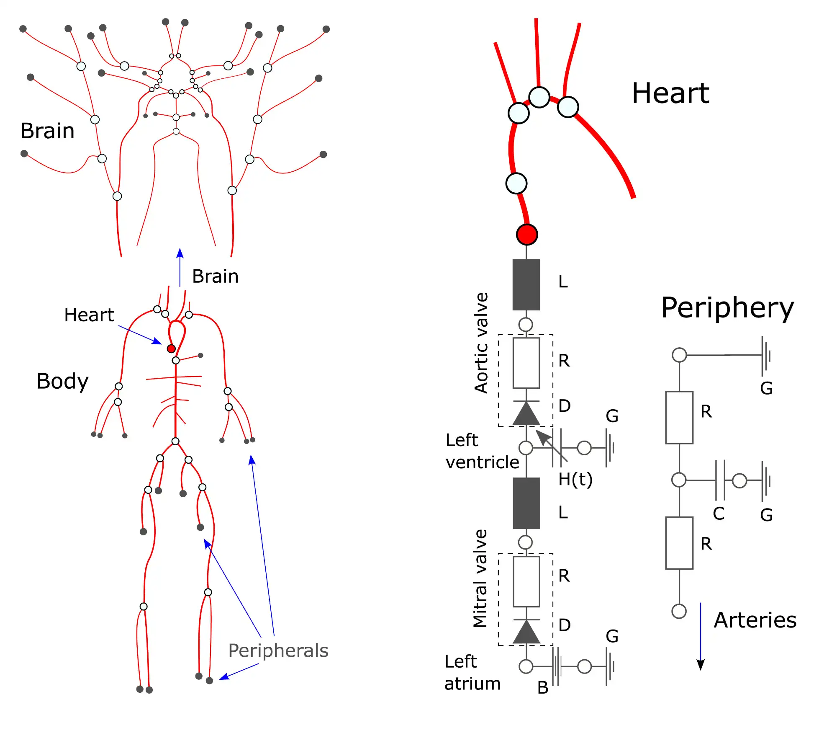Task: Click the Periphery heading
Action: pos(727,308)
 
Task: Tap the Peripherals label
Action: pos(278,650)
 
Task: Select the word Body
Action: pos(62,381)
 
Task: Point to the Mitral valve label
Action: pos(480,578)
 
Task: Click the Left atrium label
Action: pos(472,672)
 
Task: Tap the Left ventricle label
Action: pos(481,451)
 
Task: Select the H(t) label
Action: pos(575,479)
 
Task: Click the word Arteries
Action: pos(755,620)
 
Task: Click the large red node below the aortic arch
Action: pos(527,235)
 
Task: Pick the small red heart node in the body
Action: pos(171,348)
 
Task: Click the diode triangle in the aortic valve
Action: pos(526,413)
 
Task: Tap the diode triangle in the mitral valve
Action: pos(526,632)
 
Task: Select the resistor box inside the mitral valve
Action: pos(526,581)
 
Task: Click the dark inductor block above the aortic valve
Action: pos(526,284)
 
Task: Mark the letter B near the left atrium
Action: pos(542,687)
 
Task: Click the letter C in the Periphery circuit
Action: pos(719,513)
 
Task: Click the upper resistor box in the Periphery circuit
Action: pos(679,417)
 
